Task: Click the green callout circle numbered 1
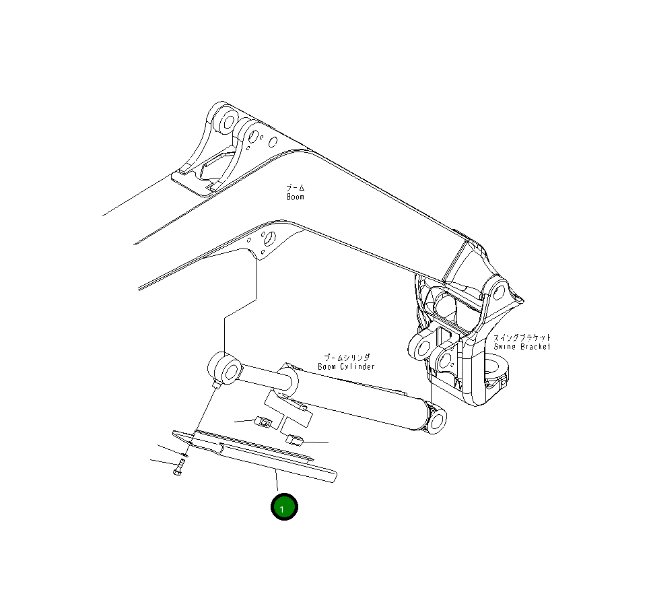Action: click(283, 507)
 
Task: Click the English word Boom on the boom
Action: click(296, 197)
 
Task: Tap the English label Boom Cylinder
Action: click(346, 366)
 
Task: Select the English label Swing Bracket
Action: click(522, 346)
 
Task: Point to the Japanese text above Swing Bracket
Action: click(522, 337)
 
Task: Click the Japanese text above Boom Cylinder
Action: click(346, 358)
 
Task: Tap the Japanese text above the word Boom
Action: click(295, 187)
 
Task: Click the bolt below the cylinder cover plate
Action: click(178, 468)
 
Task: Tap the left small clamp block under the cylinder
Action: click(265, 422)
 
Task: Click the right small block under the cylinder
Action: click(295, 440)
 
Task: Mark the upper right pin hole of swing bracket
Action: click(498, 292)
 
